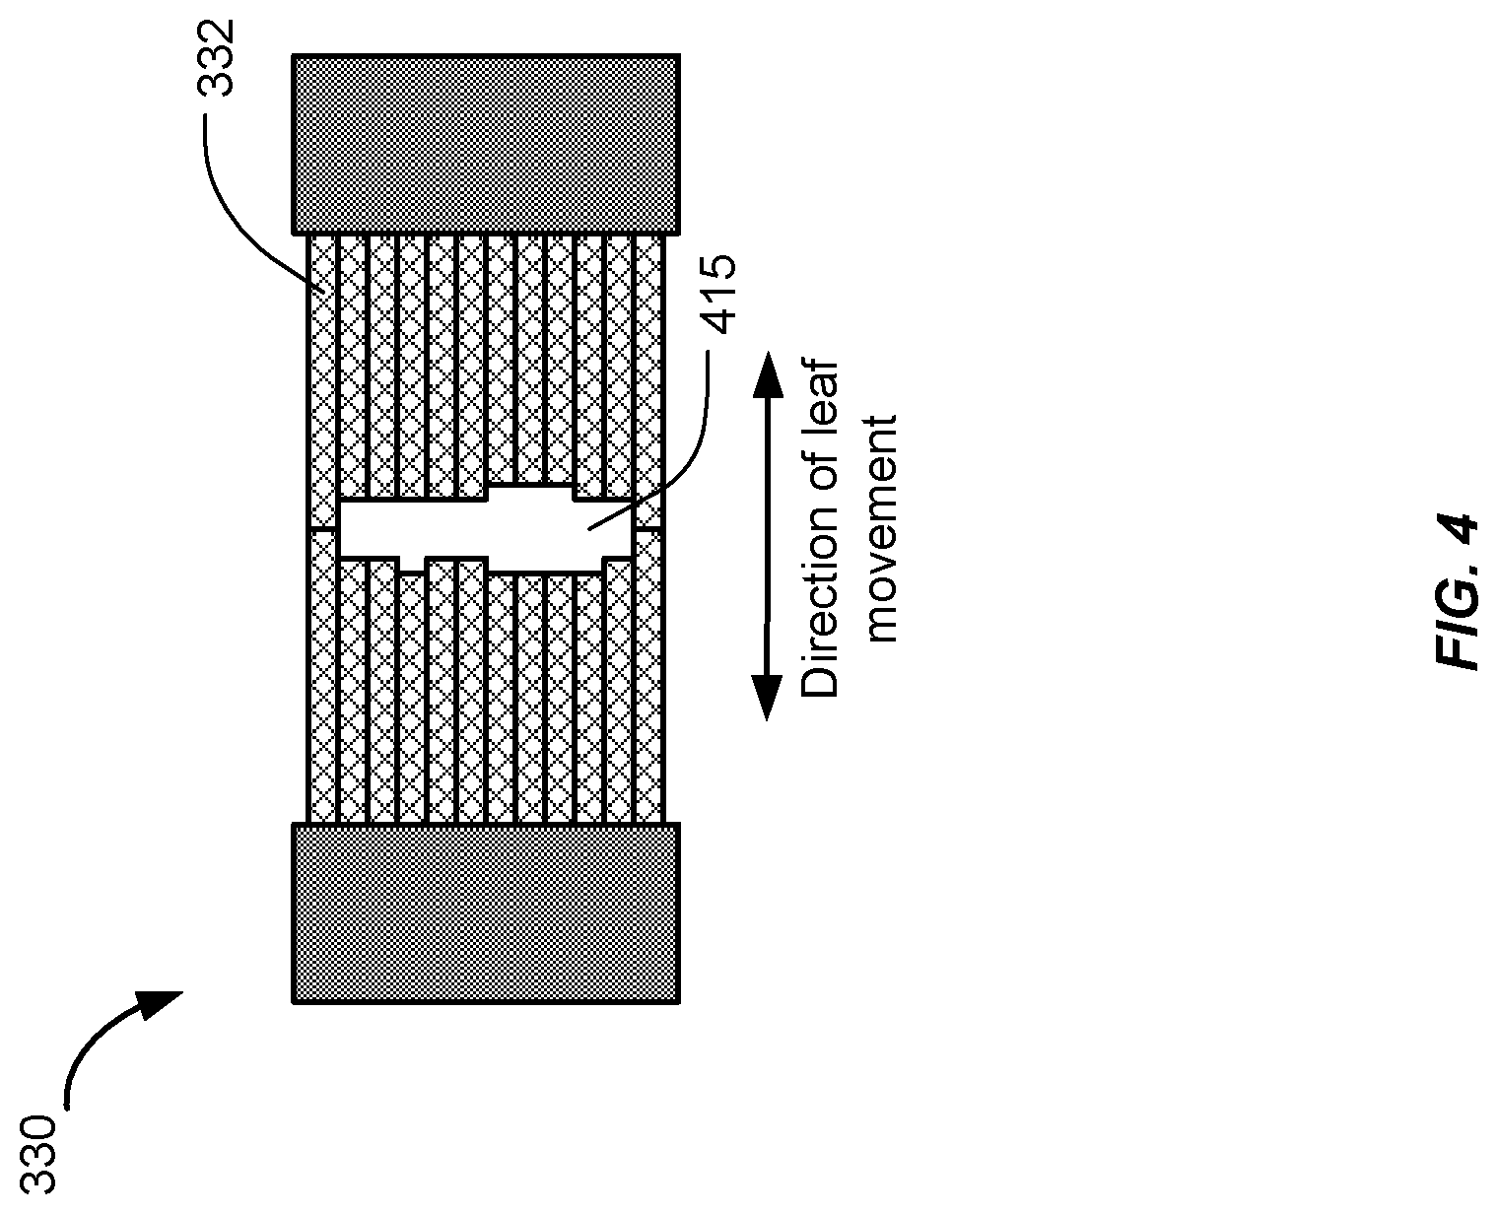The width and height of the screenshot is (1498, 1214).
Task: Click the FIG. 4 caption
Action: (x=1455, y=592)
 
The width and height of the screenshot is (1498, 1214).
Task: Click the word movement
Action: (x=879, y=528)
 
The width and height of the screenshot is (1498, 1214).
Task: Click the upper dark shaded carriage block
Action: (x=486, y=144)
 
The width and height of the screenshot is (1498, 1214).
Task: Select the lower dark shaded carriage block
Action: (x=486, y=912)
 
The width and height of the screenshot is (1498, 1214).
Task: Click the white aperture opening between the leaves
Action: (x=485, y=528)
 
